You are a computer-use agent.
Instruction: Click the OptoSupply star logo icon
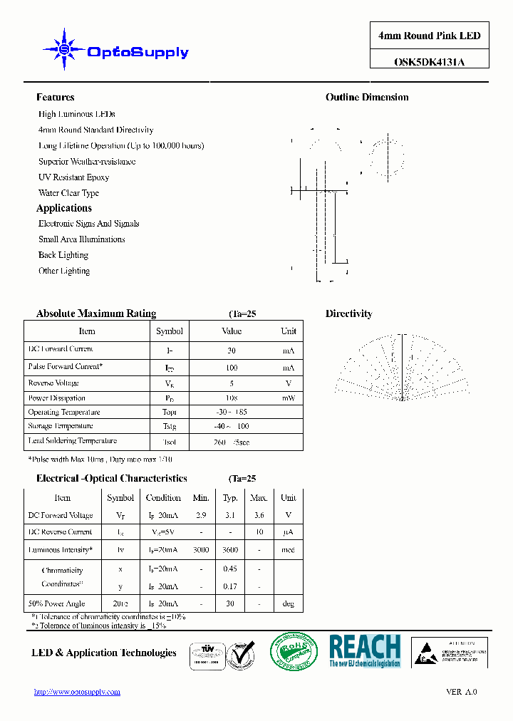64,49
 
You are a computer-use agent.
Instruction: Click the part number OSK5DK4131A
429,62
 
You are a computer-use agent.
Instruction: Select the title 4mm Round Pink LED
429,36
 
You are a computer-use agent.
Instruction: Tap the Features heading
56,98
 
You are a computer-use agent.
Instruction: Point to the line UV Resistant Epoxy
74,177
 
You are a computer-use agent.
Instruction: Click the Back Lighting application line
63,255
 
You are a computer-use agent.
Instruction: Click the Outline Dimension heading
367,98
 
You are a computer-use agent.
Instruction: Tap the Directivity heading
348,314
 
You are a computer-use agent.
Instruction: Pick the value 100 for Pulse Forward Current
232,368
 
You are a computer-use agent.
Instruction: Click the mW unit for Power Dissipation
288,398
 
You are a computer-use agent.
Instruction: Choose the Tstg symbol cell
169,426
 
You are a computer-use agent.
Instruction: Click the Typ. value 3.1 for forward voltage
230,515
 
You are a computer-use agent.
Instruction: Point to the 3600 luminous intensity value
230,550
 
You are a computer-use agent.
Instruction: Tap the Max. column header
259,498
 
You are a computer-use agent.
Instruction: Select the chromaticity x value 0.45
230,569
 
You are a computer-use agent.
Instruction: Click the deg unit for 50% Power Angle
288,603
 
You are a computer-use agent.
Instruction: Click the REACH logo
365,650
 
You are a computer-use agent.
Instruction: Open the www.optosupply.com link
78,692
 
